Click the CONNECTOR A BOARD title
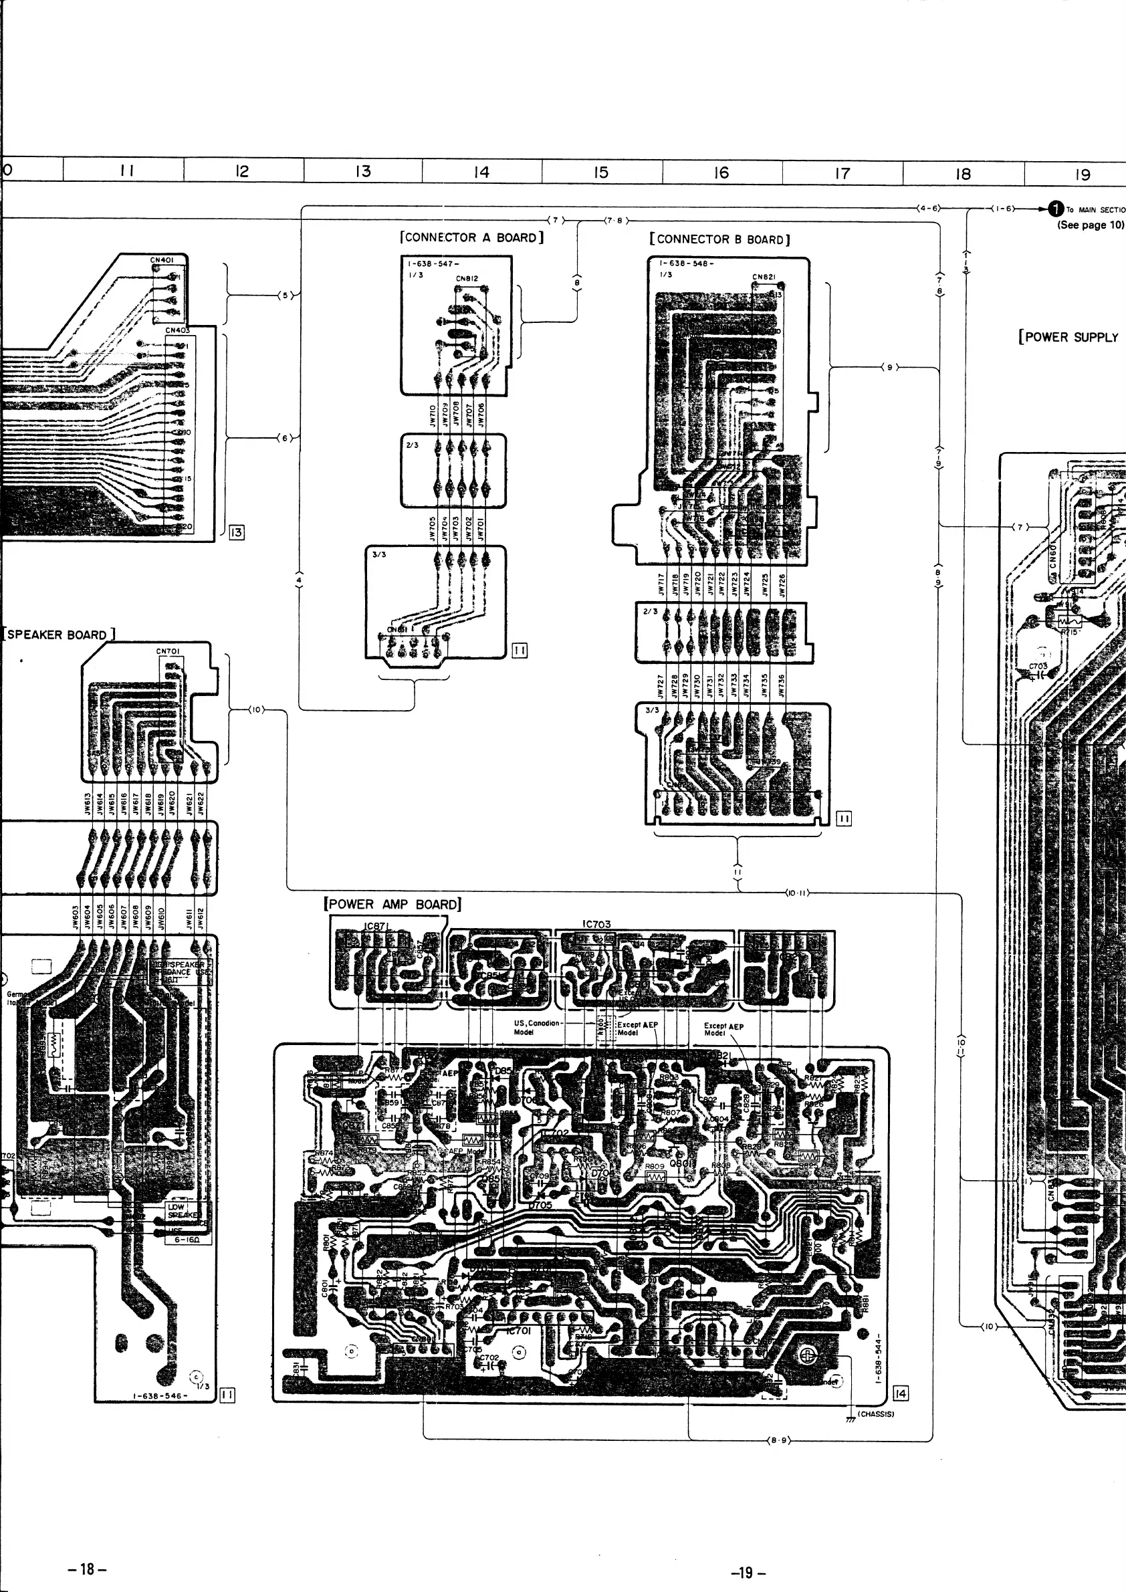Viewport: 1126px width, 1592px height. click(x=471, y=237)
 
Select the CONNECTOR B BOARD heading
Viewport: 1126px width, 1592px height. click(x=719, y=239)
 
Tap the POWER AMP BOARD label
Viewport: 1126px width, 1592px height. click(x=392, y=904)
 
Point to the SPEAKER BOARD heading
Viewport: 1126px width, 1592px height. click(x=58, y=635)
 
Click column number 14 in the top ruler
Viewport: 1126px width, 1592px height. click(x=481, y=172)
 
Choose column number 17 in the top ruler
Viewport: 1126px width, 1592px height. click(x=842, y=173)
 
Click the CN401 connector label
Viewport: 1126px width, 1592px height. click(x=162, y=260)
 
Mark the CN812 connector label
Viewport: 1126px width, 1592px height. click(x=467, y=279)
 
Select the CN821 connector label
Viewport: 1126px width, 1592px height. click(x=764, y=277)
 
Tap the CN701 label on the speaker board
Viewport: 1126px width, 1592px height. click(x=168, y=651)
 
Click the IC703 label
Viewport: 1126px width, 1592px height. click(x=596, y=924)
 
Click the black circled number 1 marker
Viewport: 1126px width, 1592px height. click(x=1055, y=209)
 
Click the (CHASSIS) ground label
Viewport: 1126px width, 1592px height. click(x=876, y=1413)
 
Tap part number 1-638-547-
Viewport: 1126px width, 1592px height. click(x=433, y=264)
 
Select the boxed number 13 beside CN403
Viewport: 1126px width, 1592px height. click(x=237, y=532)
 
